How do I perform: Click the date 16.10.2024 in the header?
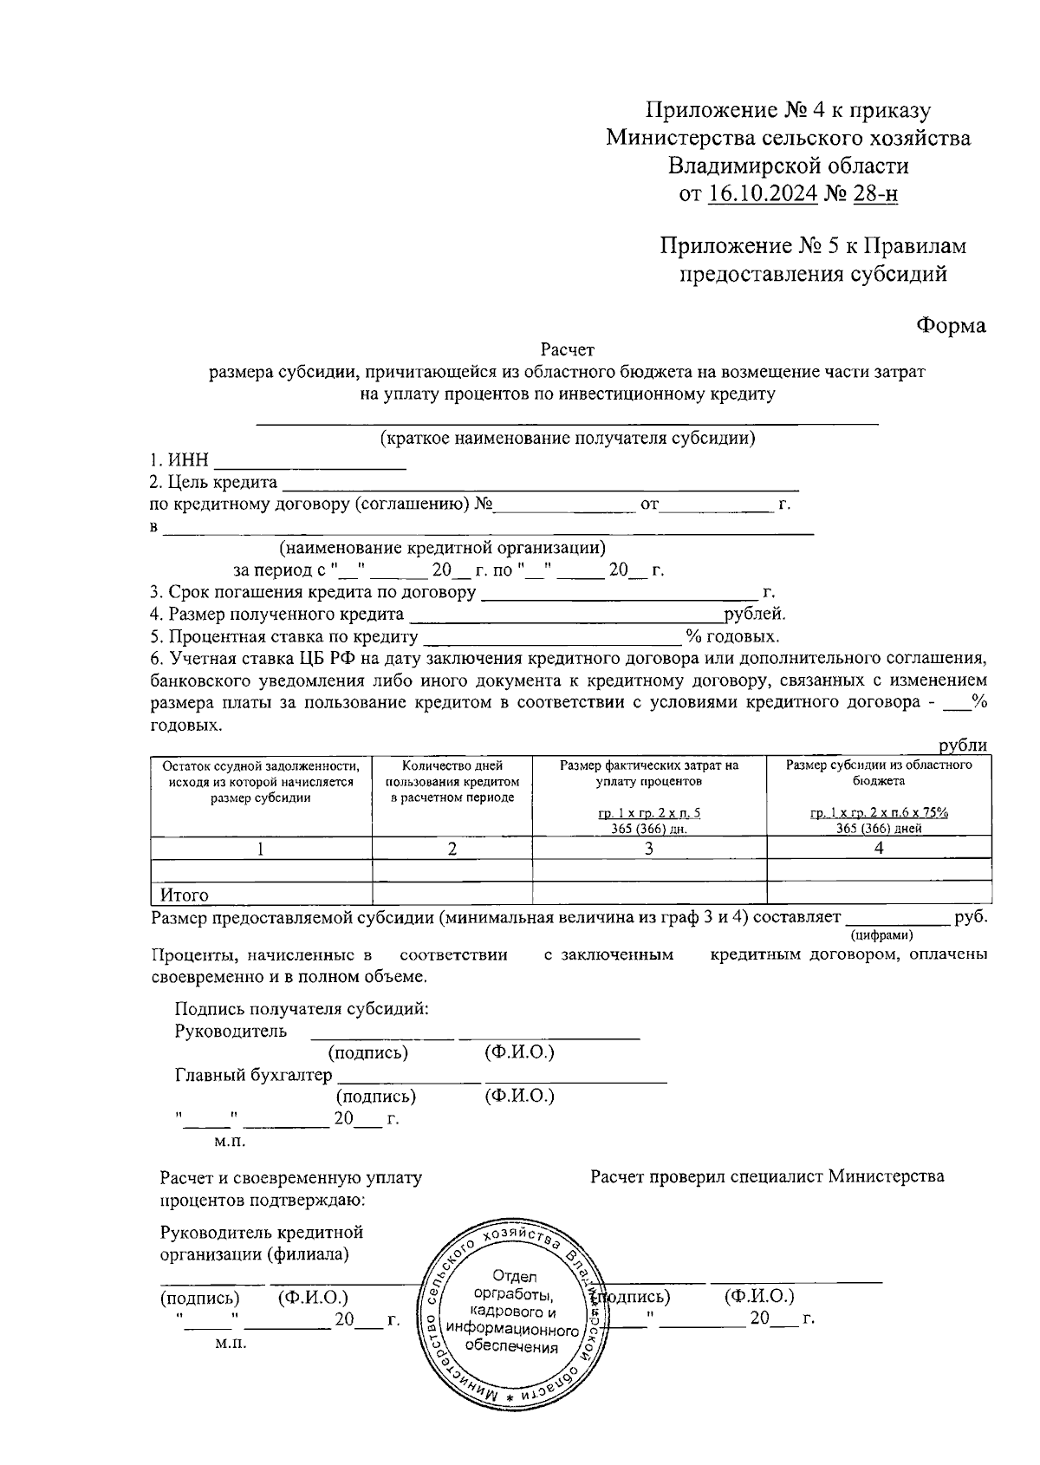763,193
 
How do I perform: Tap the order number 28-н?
875,193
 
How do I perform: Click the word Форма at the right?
951,326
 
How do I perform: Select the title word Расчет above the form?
568,350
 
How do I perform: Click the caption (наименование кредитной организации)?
442,548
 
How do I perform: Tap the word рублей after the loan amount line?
755,615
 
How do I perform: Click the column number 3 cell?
649,849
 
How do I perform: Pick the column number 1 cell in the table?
261,849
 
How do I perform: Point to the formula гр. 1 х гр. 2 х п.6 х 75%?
879,813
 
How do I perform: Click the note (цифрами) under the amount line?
882,934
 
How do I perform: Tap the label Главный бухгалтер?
253,1076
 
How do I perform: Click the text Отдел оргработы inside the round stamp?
515,1286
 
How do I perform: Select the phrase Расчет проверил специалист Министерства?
767,1176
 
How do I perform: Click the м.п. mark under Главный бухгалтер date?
230,1142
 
